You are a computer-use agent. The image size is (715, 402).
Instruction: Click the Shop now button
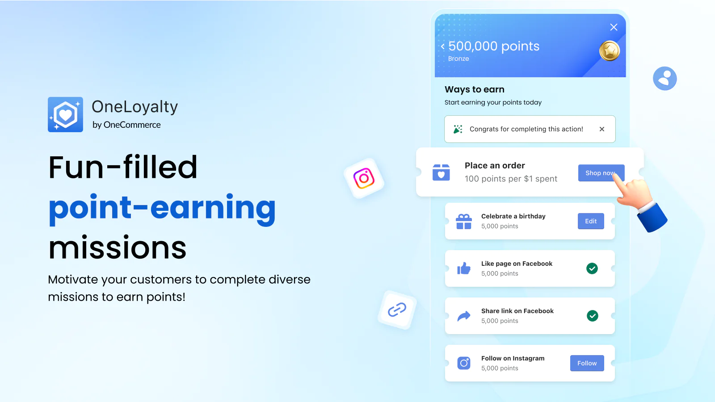click(x=601, y=173)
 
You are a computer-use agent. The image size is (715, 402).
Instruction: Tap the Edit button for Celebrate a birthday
click(x=591, y=221)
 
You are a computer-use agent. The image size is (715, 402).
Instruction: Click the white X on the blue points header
click(x=614, y=27)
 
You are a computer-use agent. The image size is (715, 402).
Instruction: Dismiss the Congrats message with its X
click(x=601, y=129)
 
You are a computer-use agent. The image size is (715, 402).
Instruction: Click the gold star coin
click(x=610, y=51)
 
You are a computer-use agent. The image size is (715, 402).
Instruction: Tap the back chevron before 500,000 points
click(x=443, y=46)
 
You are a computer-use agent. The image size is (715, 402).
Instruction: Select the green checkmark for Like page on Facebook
click(x=592, y=268)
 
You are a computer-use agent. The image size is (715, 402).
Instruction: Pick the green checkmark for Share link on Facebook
click(x=593, y=316)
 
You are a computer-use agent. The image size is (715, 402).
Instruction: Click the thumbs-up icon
click(x=464, y=268)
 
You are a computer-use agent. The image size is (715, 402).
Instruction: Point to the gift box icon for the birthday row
click(x=464, y=222)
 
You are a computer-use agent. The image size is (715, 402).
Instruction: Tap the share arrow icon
click(x=464, y=316)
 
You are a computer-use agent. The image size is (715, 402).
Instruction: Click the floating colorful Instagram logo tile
click(x=364, y=178)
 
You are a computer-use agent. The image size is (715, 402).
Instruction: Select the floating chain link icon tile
click(x=397, y=310)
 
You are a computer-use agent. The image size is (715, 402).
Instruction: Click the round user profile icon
click(x=665, y=79)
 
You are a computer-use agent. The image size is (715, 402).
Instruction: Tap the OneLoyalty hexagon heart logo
click(x=65, y=114)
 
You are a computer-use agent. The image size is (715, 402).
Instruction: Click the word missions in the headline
click(x=117, y=247)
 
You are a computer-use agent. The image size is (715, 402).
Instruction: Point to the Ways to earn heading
click(x=474, y=89)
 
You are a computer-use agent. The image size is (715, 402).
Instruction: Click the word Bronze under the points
click(x=458, y=59)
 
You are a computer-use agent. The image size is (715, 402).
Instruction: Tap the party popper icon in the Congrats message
click(x=458, y=129)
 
